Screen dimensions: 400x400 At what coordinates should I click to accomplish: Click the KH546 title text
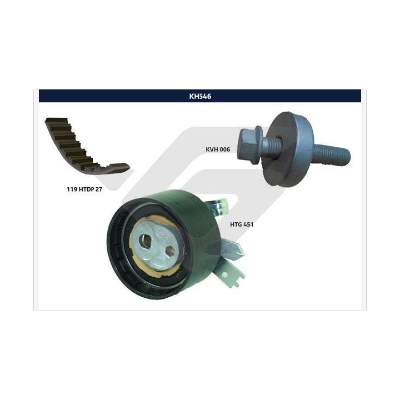(200, 96)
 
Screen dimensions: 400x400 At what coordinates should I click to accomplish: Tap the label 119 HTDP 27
(84, 189)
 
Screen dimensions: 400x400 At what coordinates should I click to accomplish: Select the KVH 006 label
(218, 149)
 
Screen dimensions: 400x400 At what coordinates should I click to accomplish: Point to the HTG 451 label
(242, 224)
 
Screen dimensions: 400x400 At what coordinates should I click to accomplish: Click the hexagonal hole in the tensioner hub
(169, 251)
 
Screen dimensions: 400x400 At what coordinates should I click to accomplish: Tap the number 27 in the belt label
(99, 189)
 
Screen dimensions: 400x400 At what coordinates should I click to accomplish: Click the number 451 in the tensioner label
(248, 224)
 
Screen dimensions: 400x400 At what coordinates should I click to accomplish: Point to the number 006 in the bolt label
(224, 149)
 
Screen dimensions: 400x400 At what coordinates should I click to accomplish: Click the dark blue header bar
(200, 96)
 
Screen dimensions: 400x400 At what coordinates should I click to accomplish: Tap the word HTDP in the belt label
(87, 189)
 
